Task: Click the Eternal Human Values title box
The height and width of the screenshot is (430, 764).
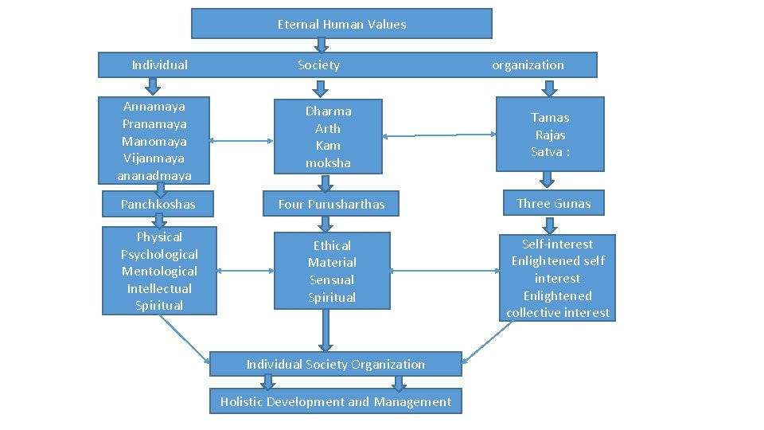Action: coord(341,24)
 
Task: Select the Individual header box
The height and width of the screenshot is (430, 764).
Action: coord(159,65)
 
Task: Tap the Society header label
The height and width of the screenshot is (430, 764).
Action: coord(318,65)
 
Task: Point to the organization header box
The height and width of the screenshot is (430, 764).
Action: coord(527,65)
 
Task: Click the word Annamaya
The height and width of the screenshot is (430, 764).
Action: coord(154,107)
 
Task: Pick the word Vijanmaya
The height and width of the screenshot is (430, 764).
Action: coord(154,158)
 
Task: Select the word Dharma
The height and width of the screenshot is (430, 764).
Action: coord(328,111)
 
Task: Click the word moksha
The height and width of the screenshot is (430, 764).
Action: coord(328,162)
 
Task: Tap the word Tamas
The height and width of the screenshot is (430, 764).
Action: coord(550,118)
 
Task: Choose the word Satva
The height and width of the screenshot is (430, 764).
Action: coord(548,152)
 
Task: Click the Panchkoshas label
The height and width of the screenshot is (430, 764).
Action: coord(158,205)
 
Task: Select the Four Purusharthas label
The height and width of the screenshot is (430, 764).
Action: coord(331,205)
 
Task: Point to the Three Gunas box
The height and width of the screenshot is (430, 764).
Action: coord(553,204)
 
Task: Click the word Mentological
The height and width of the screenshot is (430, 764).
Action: coord(159,272)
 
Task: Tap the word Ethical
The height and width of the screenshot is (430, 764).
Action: coord(332,246)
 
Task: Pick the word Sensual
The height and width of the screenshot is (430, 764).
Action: coord(332,280)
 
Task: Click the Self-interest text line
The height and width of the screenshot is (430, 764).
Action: coord(557,244)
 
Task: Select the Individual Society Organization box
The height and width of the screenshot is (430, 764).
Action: coord(335,365)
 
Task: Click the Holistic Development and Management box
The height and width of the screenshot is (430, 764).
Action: coord(335,402)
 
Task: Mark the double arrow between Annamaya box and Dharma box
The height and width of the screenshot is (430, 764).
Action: coord(244,142)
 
